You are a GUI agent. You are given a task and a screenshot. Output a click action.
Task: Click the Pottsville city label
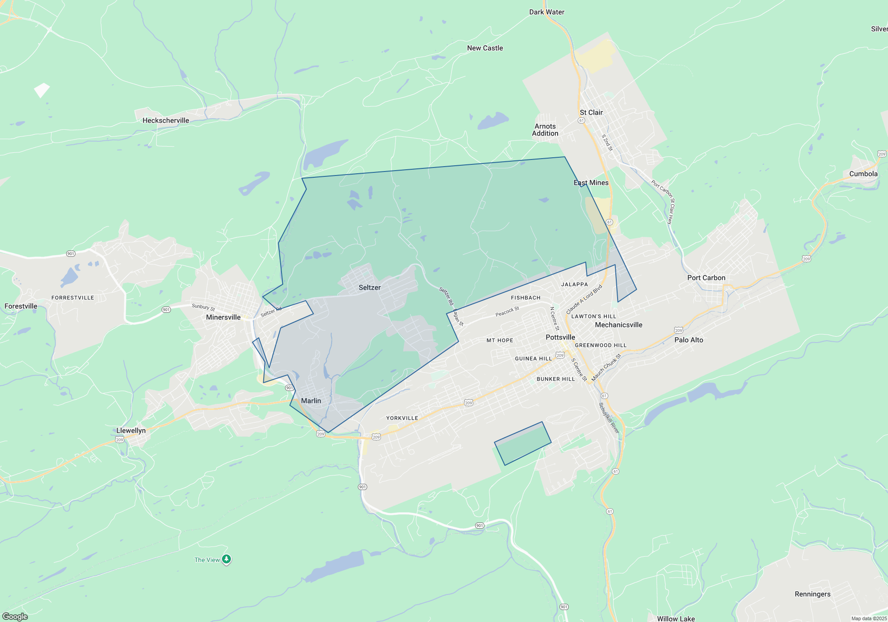pos(560,337)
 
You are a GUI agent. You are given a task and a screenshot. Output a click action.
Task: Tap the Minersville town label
pos(223,317)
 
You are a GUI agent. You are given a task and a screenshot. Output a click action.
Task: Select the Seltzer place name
pos(370,287)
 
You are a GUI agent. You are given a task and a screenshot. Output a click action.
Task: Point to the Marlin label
pos(311,401)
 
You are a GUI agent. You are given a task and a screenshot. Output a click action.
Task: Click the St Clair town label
pos(591,112)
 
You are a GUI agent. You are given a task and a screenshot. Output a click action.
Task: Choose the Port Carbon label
pos(706,278)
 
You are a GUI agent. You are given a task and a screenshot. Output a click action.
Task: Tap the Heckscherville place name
pos(166,120)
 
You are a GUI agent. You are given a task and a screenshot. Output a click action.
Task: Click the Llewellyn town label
pos(131,431)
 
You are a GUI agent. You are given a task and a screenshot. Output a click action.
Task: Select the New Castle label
pos(485,48)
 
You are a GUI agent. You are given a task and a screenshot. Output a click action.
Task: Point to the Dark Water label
pos(547,12)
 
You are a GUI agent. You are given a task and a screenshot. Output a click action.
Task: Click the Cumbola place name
pos(863,174)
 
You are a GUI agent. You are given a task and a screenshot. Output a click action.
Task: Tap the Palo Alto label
pos(689,340)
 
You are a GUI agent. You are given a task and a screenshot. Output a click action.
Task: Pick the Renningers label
pos(813,594)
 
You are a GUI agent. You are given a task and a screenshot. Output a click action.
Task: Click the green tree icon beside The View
pos(226,559)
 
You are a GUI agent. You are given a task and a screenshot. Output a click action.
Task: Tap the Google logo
pos(15,617)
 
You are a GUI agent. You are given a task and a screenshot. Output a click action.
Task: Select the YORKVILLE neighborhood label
pos(402,418)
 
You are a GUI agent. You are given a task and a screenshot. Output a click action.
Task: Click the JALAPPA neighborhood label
pos(575,284)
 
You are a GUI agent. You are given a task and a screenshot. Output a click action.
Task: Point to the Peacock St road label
pos(507,311)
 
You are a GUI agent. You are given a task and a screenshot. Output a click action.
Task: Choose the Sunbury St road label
pos(203,307)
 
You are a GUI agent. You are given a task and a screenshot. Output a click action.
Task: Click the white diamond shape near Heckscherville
pos(42,90)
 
